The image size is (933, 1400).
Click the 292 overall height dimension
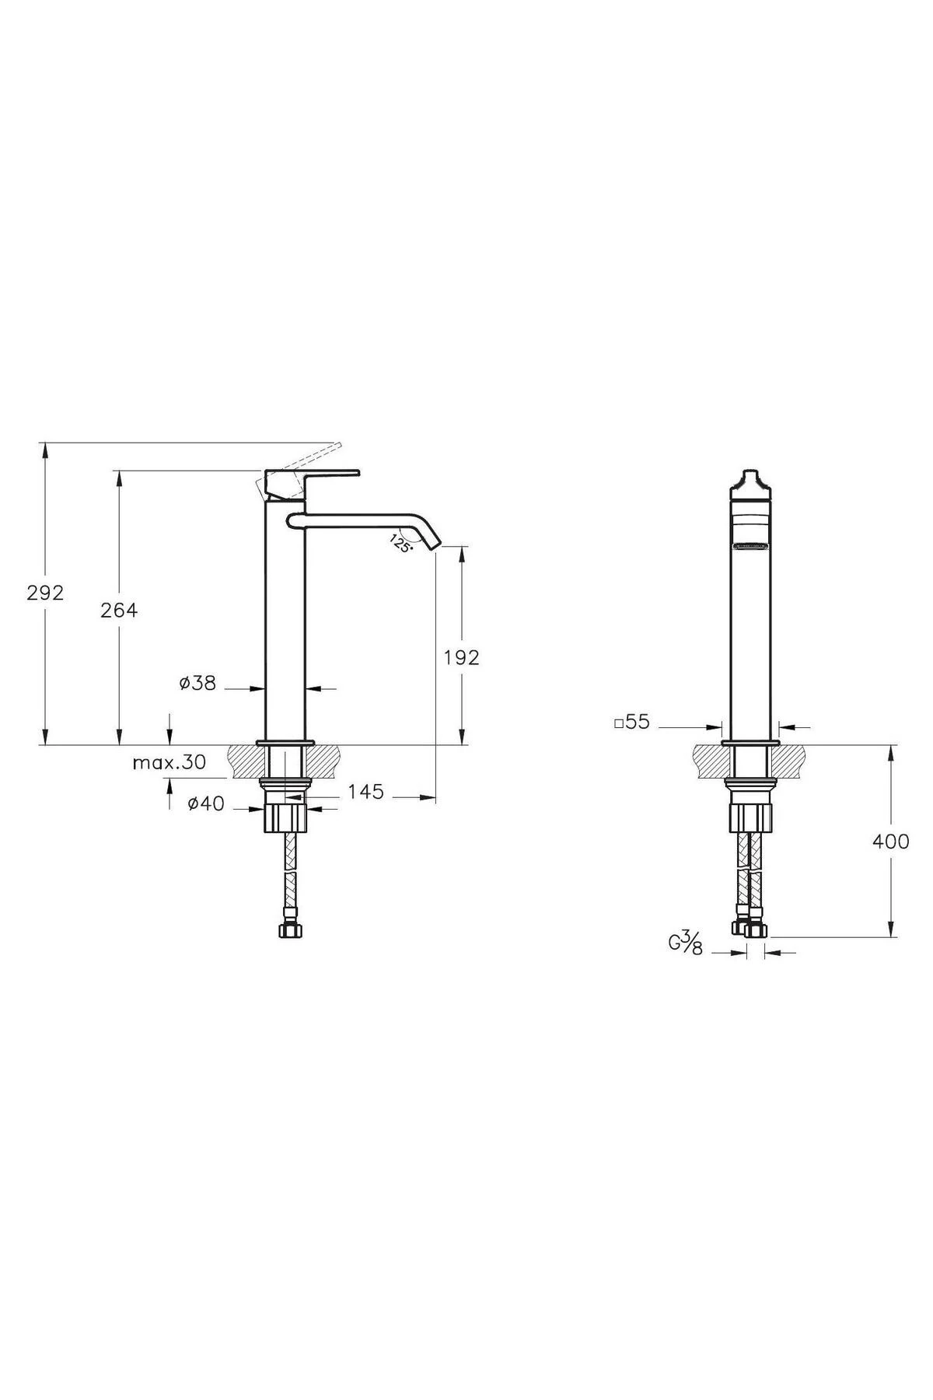[x=45, y=593]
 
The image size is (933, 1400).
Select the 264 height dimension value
[x=119, y=611]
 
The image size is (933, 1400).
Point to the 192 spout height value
[x=462, y=657]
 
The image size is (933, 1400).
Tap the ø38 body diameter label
[x=197, y=683]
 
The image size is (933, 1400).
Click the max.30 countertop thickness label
[x=169, y=762]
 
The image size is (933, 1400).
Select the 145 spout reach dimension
[x=365, y=792]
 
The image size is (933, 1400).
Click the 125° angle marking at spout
[x=400, y=542]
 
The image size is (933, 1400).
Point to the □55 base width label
[x=631, y=722]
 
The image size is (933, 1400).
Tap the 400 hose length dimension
[x=890, y=842]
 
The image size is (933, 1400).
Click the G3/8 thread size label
[x=686, y=943]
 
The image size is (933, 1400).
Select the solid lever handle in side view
[x=311, y=476]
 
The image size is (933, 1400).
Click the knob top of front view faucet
[x=750, y=476]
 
